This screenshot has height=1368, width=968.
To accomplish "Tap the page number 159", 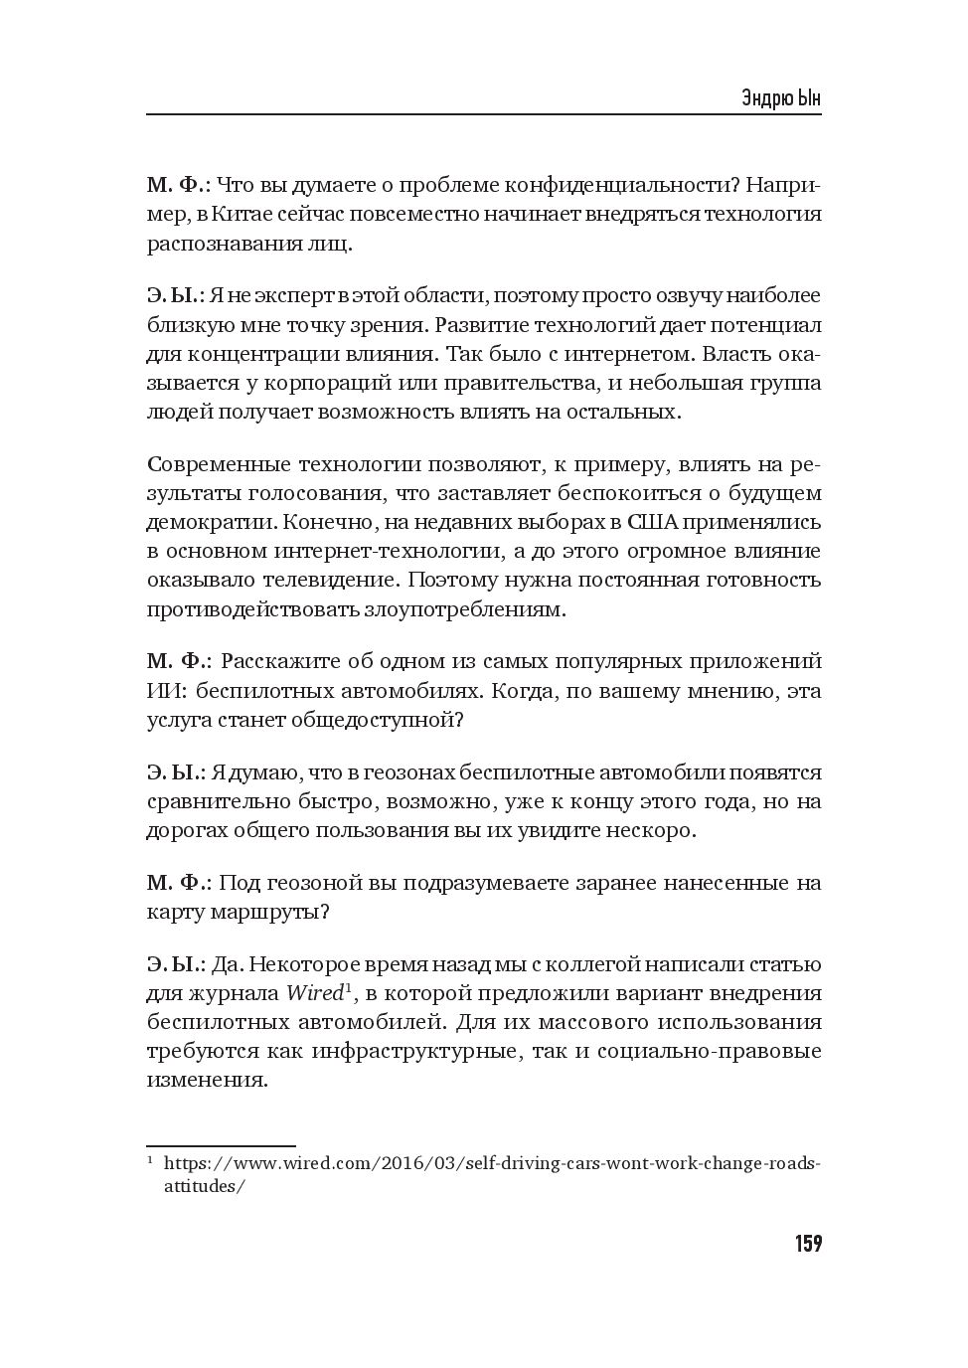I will coord(807,1244).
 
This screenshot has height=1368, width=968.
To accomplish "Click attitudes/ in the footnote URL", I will coord(204,1186).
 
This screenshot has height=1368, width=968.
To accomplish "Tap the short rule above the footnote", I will coord(221,1146).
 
